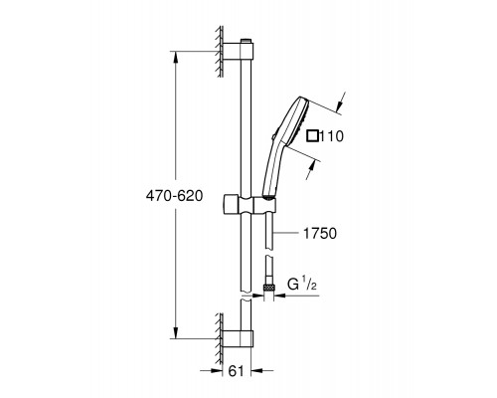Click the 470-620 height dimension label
174,196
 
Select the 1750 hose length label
320,234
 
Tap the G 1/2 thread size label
301,285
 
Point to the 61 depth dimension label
236,371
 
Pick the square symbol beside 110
313,136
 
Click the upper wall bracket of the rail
238,52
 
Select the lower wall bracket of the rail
238,339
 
